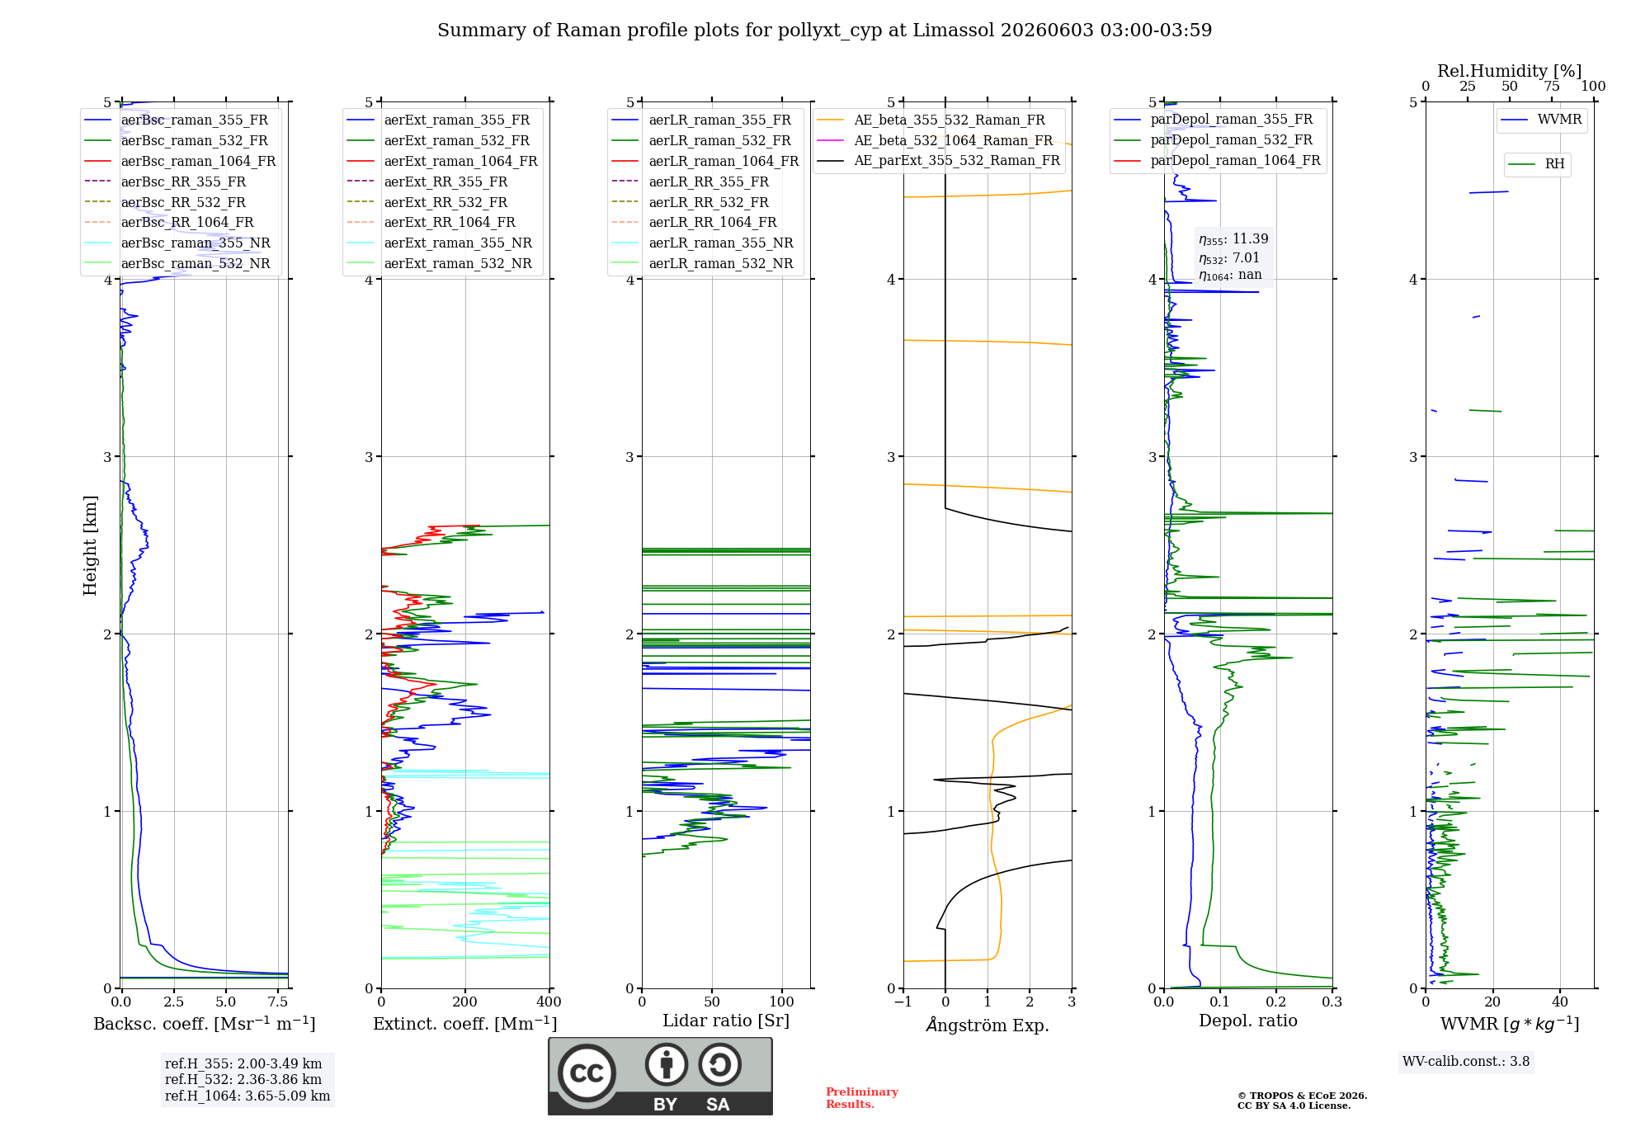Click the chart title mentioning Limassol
[x=824, y=31]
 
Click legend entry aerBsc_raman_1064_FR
[x=198, y=161]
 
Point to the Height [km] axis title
[x=90, y=545]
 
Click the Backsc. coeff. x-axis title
[x=205, y=1024]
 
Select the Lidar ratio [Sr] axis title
[x=726, y=1021]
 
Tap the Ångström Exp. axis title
[x=988, y=1025]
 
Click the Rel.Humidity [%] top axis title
[x=1510, y=71]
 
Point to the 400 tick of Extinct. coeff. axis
[x=549, y=1002]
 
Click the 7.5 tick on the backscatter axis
[x=278, y=1002]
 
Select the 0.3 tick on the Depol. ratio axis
[x=1332, y=1002]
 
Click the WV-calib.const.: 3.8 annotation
[x=1466, y=1062]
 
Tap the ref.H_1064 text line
[x=247, y=1096]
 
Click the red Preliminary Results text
[x=862, y=1098]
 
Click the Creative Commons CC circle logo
[x=587, y=1073]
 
